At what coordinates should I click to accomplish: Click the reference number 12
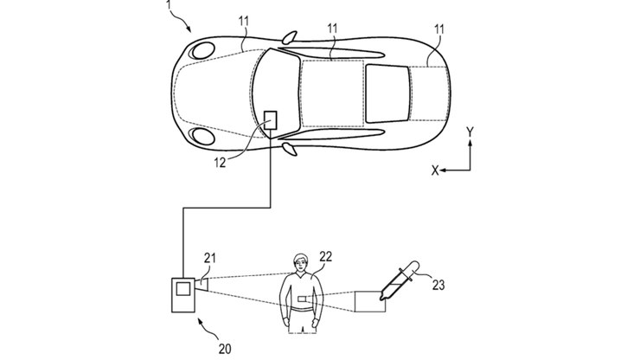tap(220, 163)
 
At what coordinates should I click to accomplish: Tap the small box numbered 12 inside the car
tap(270, 120)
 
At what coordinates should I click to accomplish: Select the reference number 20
tap(225, 349)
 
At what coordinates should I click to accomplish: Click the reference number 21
tap(210, 258)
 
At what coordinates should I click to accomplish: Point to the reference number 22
tap(326, 257)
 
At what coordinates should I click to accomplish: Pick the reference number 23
tap(438, 285)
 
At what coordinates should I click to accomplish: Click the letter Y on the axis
tap(470, 132)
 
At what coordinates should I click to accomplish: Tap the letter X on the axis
tap(435, 170)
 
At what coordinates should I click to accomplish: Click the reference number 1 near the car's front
tap(168, 5)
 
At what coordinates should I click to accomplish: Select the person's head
tap(300, 263)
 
